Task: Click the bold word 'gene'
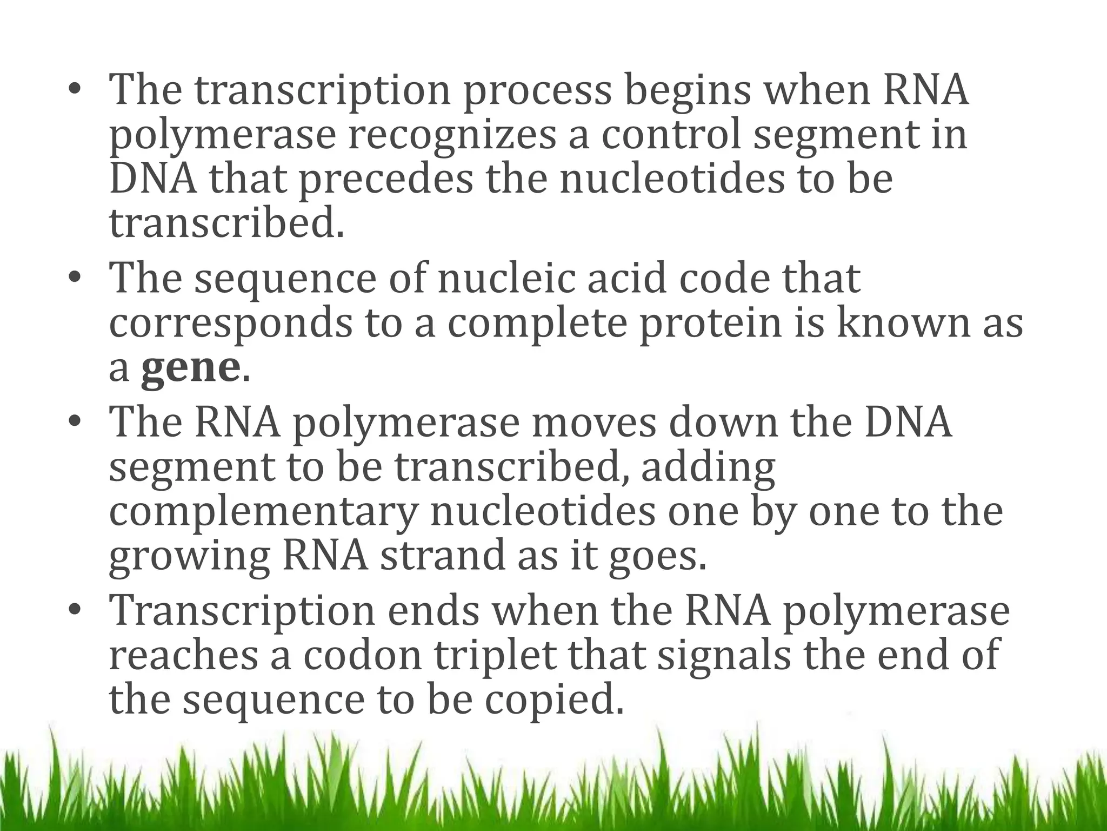coord(190,368)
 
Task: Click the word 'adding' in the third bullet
coord(708,467)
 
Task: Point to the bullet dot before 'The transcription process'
coord(75,91)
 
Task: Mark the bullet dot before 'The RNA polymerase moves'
coord(75,423)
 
